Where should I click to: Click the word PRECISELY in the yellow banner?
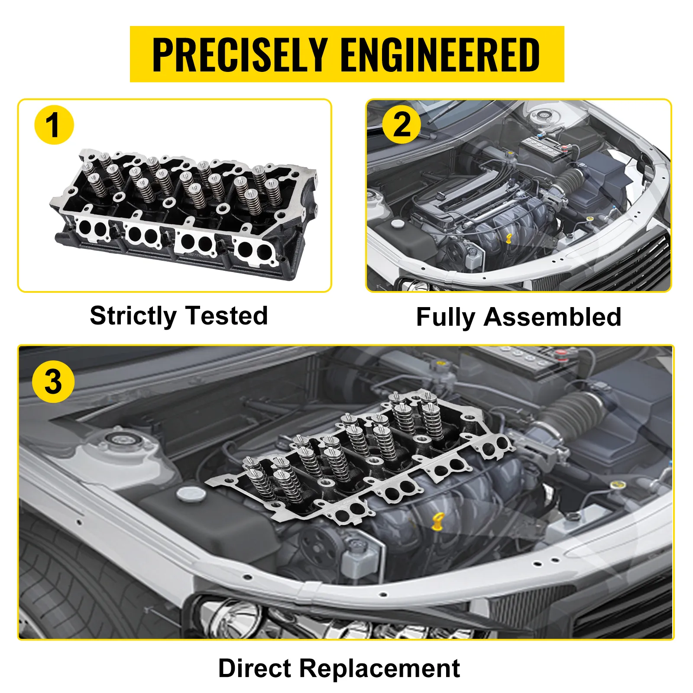tap(240, 55)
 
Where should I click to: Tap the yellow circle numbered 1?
tap(54, 125)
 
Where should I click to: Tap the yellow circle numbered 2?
tap(402, 125)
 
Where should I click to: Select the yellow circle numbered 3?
tap(53, 382)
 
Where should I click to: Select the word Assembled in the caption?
tap(553, 317)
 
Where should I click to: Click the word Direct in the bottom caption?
tap(255, 668)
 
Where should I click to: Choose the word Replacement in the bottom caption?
tap(379, 669)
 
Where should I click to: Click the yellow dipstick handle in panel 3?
tap(438, 521)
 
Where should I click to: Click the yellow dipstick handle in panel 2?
tap(509, 238)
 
